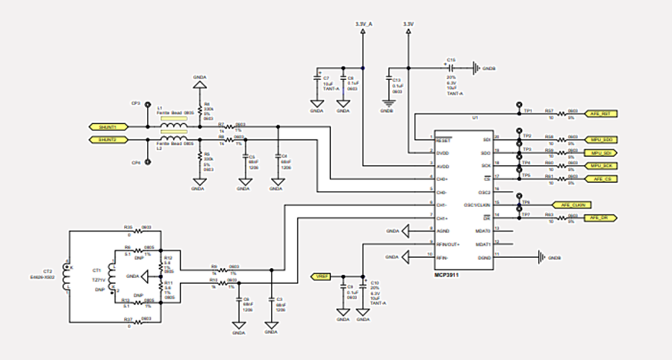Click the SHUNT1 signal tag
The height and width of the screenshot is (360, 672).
coord(108,127)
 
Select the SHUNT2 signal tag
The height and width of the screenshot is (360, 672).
coord(108,140)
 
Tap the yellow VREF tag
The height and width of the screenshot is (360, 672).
coord(322,276)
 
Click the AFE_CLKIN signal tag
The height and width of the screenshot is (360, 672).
coord(572,205)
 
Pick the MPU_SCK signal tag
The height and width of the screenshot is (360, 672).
coord(601,165)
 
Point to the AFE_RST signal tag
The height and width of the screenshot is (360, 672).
coord(601,114)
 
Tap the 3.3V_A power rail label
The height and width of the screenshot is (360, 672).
coord(363,25)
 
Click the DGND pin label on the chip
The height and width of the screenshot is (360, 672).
coord(483,257)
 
